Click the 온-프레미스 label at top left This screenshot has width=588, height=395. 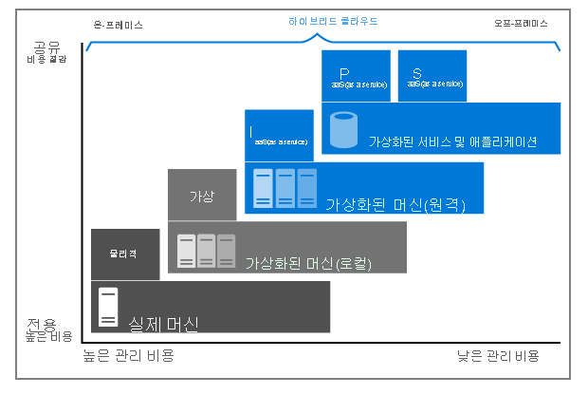119,25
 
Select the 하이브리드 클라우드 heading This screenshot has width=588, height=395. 328,21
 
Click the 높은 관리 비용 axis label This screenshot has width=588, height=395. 129,355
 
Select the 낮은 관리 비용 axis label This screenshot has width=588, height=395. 497,355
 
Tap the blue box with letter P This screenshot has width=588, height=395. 356,75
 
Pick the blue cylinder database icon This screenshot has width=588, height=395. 343,131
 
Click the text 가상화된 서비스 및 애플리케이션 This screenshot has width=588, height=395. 452,142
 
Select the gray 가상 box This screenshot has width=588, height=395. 201,197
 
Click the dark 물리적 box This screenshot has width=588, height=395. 125,254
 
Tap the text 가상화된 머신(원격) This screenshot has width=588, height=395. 395,204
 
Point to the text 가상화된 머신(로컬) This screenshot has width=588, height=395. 306,263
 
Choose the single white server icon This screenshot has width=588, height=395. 109,306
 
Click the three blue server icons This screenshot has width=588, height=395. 284,187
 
